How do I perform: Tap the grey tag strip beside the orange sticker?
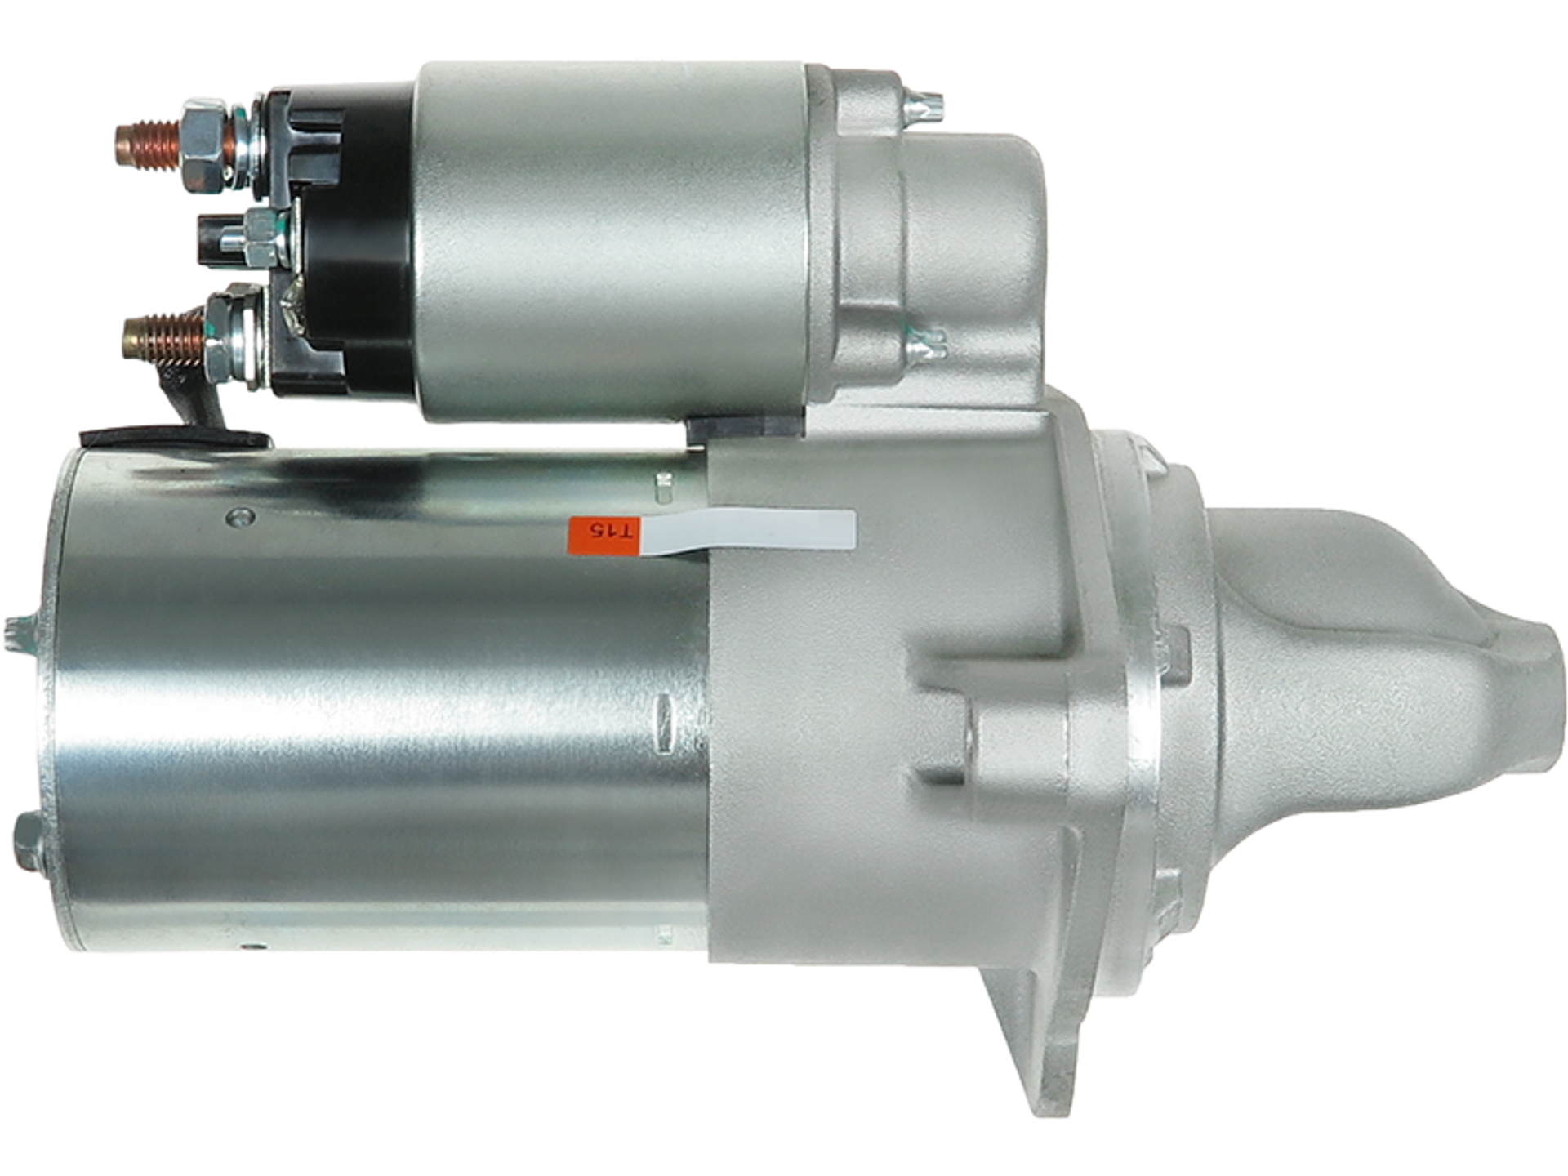[747, 531]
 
